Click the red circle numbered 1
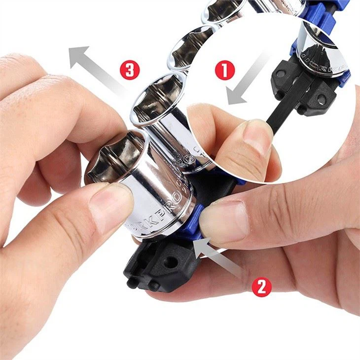pos(224,71)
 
